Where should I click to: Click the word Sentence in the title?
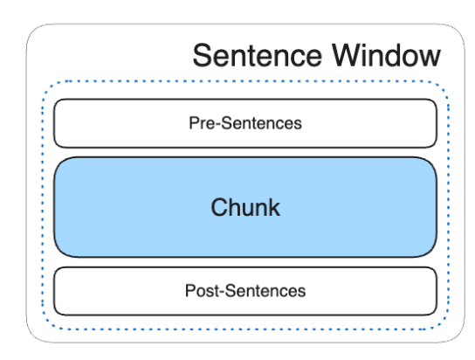[258, 55]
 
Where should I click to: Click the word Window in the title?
[386, 55]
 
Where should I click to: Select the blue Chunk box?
[245, 207]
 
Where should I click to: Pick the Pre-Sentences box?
[245, 123]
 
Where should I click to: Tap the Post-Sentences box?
[245, 291]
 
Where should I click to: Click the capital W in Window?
[348, 55]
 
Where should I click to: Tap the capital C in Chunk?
[219, 207]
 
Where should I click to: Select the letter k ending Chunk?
[274, 207]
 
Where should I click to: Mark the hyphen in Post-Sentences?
[222, 293]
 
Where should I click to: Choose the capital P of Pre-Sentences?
[194, 123]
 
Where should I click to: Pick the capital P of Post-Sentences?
[190, 291]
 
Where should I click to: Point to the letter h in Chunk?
[236, 207]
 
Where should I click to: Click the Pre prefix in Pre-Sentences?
[202, 123]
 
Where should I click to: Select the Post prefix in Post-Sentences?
[202, 291]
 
